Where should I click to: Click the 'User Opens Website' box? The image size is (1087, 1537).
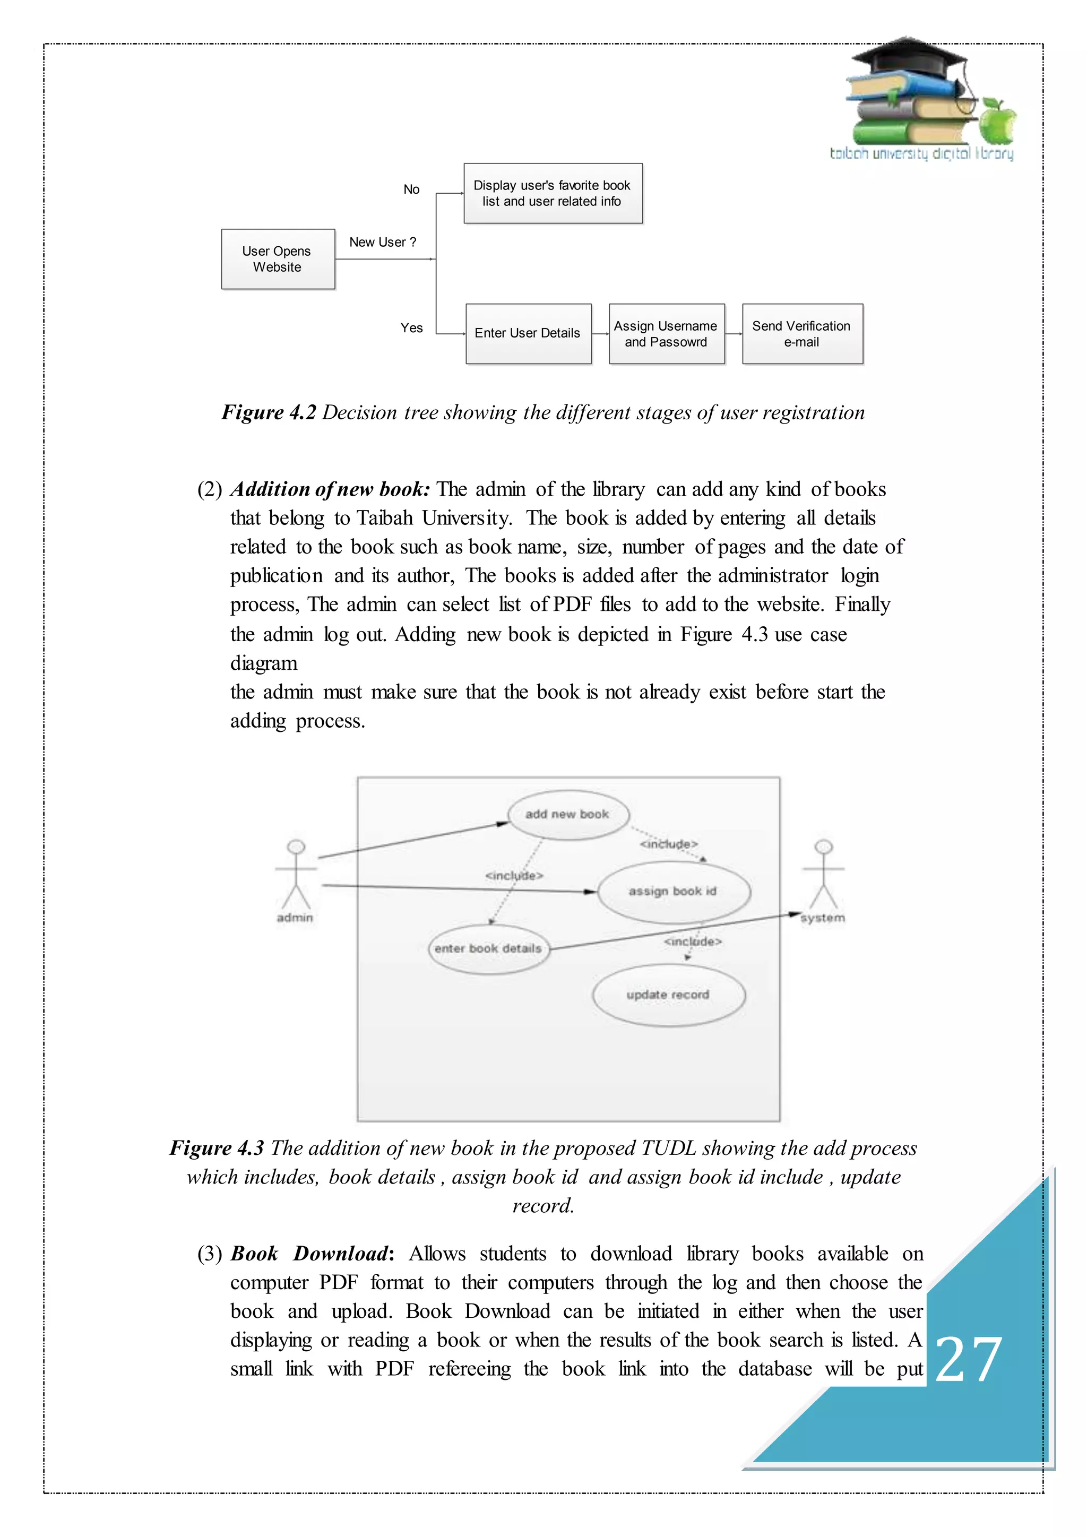(278, 259)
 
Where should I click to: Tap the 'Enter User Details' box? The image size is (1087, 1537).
(528, 333)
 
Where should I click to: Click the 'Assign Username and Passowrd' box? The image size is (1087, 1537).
(666, 334)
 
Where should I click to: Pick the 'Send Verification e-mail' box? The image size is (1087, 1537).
(802, 334)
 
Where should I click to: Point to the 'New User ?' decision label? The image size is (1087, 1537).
(382, 243)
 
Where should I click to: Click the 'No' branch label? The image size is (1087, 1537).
(411, 189)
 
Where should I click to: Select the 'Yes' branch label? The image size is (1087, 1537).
(411, 328)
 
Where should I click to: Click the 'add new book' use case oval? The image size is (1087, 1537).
(567, 815)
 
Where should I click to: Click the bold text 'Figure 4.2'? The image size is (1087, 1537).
(269, 412)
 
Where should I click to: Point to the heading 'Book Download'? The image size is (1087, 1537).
(309, 1253)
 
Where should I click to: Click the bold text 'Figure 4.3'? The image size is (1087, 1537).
(217, 1148)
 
